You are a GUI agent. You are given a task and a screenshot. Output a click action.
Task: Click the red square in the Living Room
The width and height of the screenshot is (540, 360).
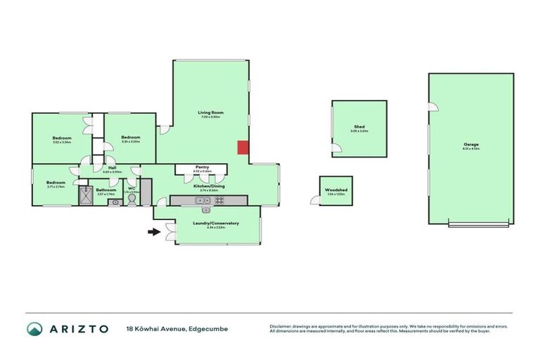click(x=242, y=147)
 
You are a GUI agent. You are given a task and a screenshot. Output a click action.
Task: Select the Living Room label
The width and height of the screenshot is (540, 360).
click(x=210, y=112)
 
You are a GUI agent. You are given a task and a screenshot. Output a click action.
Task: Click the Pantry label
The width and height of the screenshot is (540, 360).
click(x=202, y=167)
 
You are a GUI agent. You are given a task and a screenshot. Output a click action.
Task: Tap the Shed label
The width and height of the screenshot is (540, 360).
click(x=359, y=127)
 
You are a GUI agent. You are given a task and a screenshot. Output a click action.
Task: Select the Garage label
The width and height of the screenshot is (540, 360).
click(x=470, y=144)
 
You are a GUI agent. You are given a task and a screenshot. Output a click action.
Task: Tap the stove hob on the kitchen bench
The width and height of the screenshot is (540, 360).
click(x=219, y=200)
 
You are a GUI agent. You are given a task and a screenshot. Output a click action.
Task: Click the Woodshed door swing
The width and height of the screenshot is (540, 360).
click(x=314, y=201)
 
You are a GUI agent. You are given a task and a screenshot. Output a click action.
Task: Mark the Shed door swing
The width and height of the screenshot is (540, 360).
click(x=337, y=148)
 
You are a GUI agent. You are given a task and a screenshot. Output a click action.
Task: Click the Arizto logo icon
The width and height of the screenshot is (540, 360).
click(x=34, y=328)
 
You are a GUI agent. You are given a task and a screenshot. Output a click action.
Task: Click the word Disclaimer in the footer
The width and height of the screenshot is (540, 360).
click(x=281, y=326)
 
